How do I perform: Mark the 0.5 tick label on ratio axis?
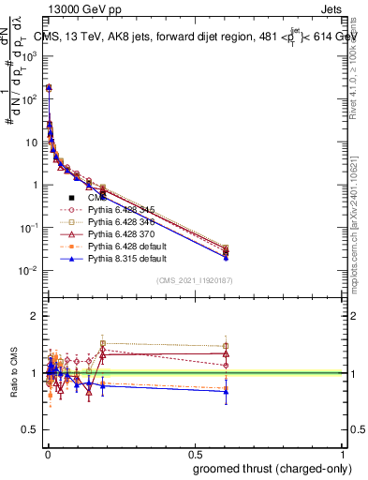[34, 431]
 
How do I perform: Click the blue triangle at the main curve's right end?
[225, 257]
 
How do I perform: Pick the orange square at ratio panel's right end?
[225, 386]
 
